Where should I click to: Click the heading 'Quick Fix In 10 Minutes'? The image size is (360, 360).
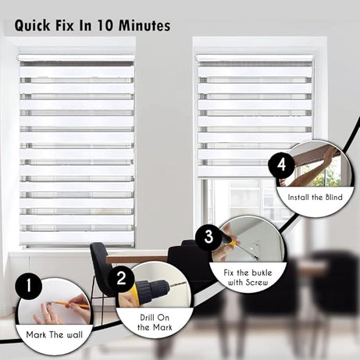(x=92, y=25)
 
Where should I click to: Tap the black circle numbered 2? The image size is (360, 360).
(x=121, y=276)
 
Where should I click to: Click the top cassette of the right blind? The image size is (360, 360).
(x=254, y=58)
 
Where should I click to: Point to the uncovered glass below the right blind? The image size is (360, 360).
(x=234, y=199)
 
